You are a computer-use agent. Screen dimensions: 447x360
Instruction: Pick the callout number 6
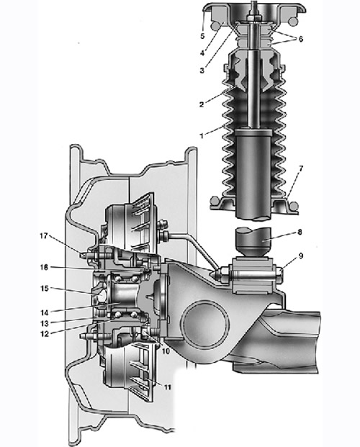(x=301, y=40)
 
